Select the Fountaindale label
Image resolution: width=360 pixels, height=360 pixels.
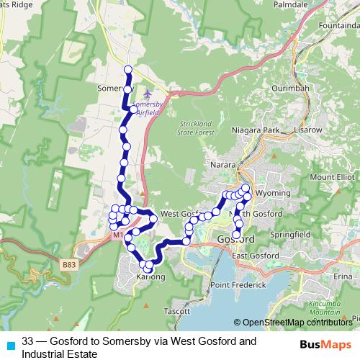coord(336,24)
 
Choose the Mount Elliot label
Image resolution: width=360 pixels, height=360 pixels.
coord(332,176)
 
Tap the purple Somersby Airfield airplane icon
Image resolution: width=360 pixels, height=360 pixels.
coord(148,94)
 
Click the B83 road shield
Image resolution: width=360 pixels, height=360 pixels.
coord(69,266)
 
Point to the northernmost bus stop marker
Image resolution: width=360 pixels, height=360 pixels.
coord(128,70)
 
